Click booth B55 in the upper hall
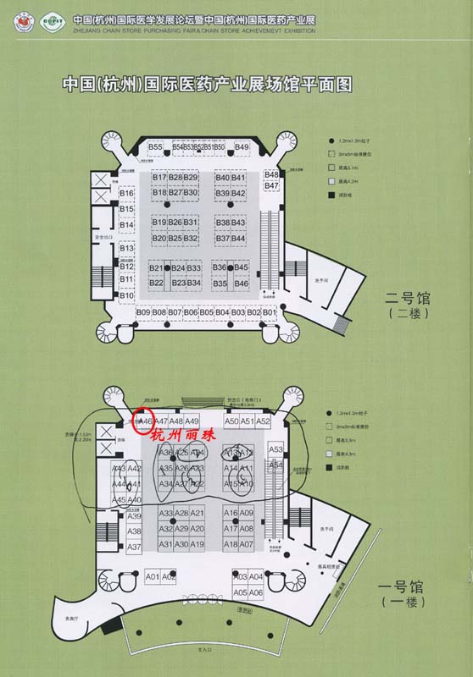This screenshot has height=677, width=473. (x=155, y=147)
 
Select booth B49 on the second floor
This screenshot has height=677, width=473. (x=242, y=147)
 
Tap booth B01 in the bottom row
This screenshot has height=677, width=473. (x=270, y=313)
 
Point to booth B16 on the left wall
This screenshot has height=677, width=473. (x=127, y=194)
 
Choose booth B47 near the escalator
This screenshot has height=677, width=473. (x=271, y=184)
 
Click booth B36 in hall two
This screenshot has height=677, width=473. (x=220, y=267)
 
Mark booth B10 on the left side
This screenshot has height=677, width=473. (x=127, y=294)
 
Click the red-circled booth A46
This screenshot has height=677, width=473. (x=144, y=421)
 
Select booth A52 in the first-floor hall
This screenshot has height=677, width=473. (x=263, y=421)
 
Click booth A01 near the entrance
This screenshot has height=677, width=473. (x=153, y=576)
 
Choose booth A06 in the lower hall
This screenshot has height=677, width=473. (x=256, y=593)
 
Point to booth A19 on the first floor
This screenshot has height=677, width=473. (x=198, y=544)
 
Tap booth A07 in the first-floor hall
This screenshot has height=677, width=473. (x=247, y=544)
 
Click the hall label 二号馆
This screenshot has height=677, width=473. (x=408, y=298)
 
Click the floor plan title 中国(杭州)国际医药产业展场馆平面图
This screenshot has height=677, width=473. (x=207, y=85)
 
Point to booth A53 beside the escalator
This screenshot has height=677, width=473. (x=275, y=449)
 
